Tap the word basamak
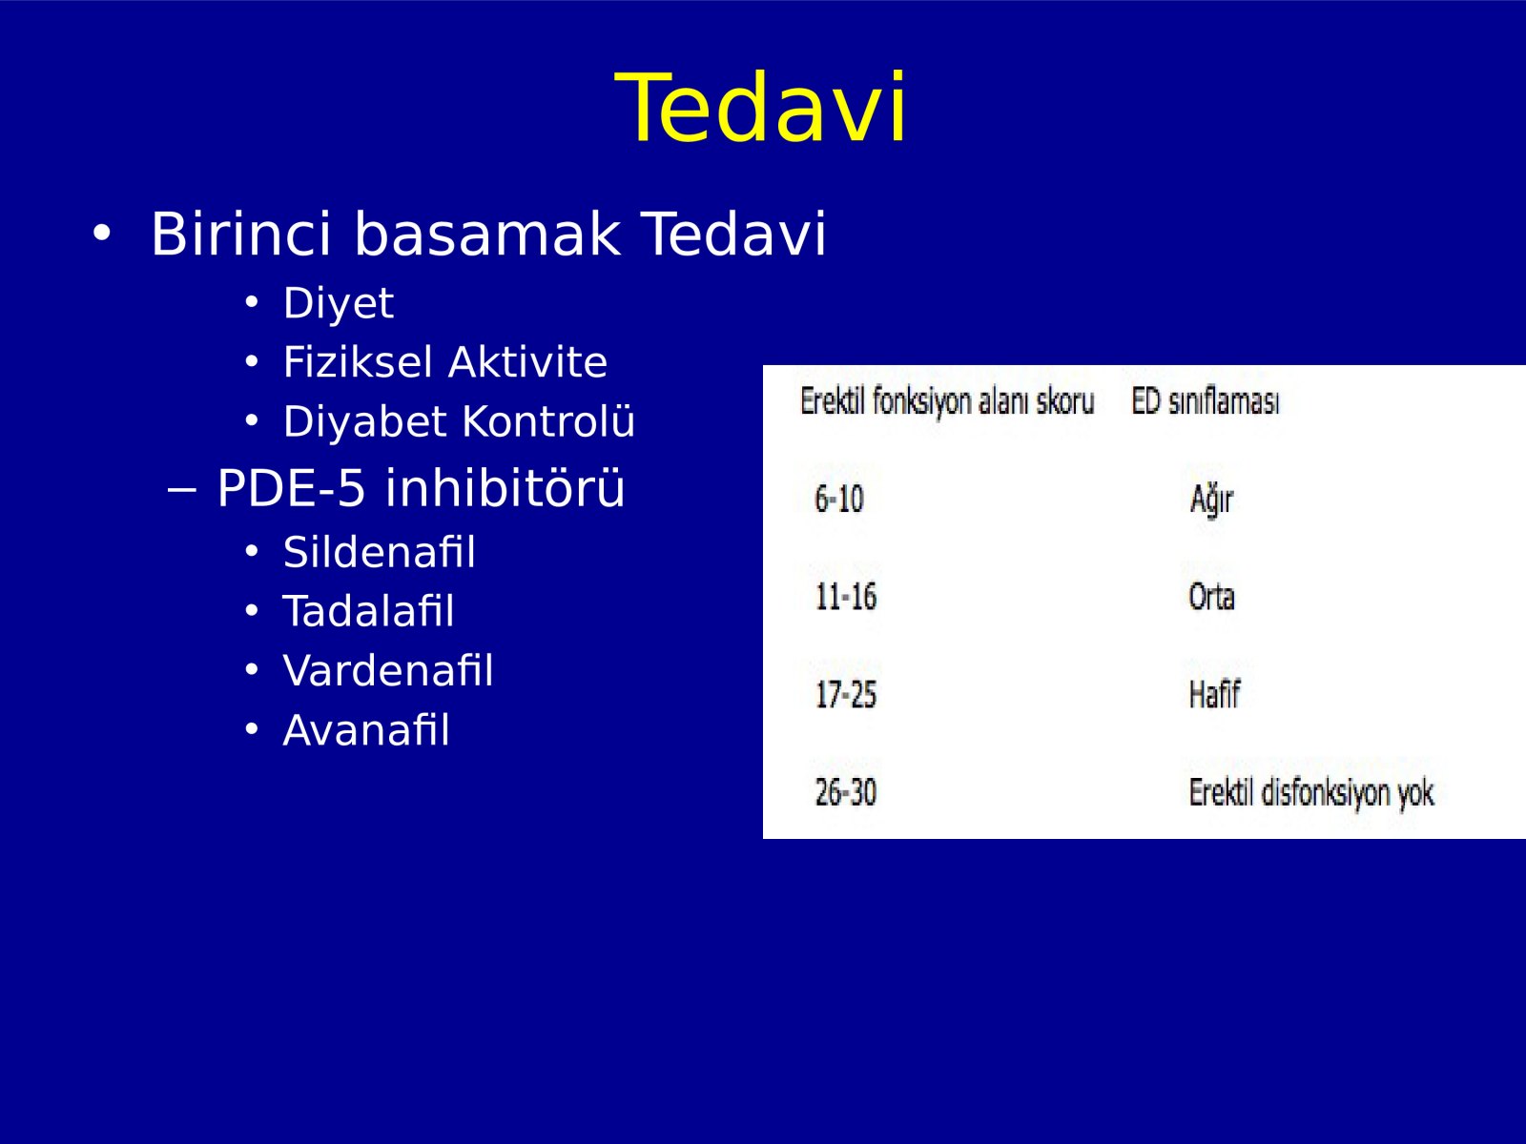[487, 234]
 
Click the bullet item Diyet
[339, 303]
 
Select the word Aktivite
[527, 362]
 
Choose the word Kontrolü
[548, 421]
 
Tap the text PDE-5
[291, 487]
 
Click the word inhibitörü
[505, 487]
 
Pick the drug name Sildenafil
[380, 552]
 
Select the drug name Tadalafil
[368, 611]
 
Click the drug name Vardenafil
[388, 671]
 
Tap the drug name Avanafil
[366, 730]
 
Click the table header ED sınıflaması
[1206, 401]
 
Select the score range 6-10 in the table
[839, 500]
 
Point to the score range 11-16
[846, 598]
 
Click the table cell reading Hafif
[1214, 695]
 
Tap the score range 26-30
[846, 792]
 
